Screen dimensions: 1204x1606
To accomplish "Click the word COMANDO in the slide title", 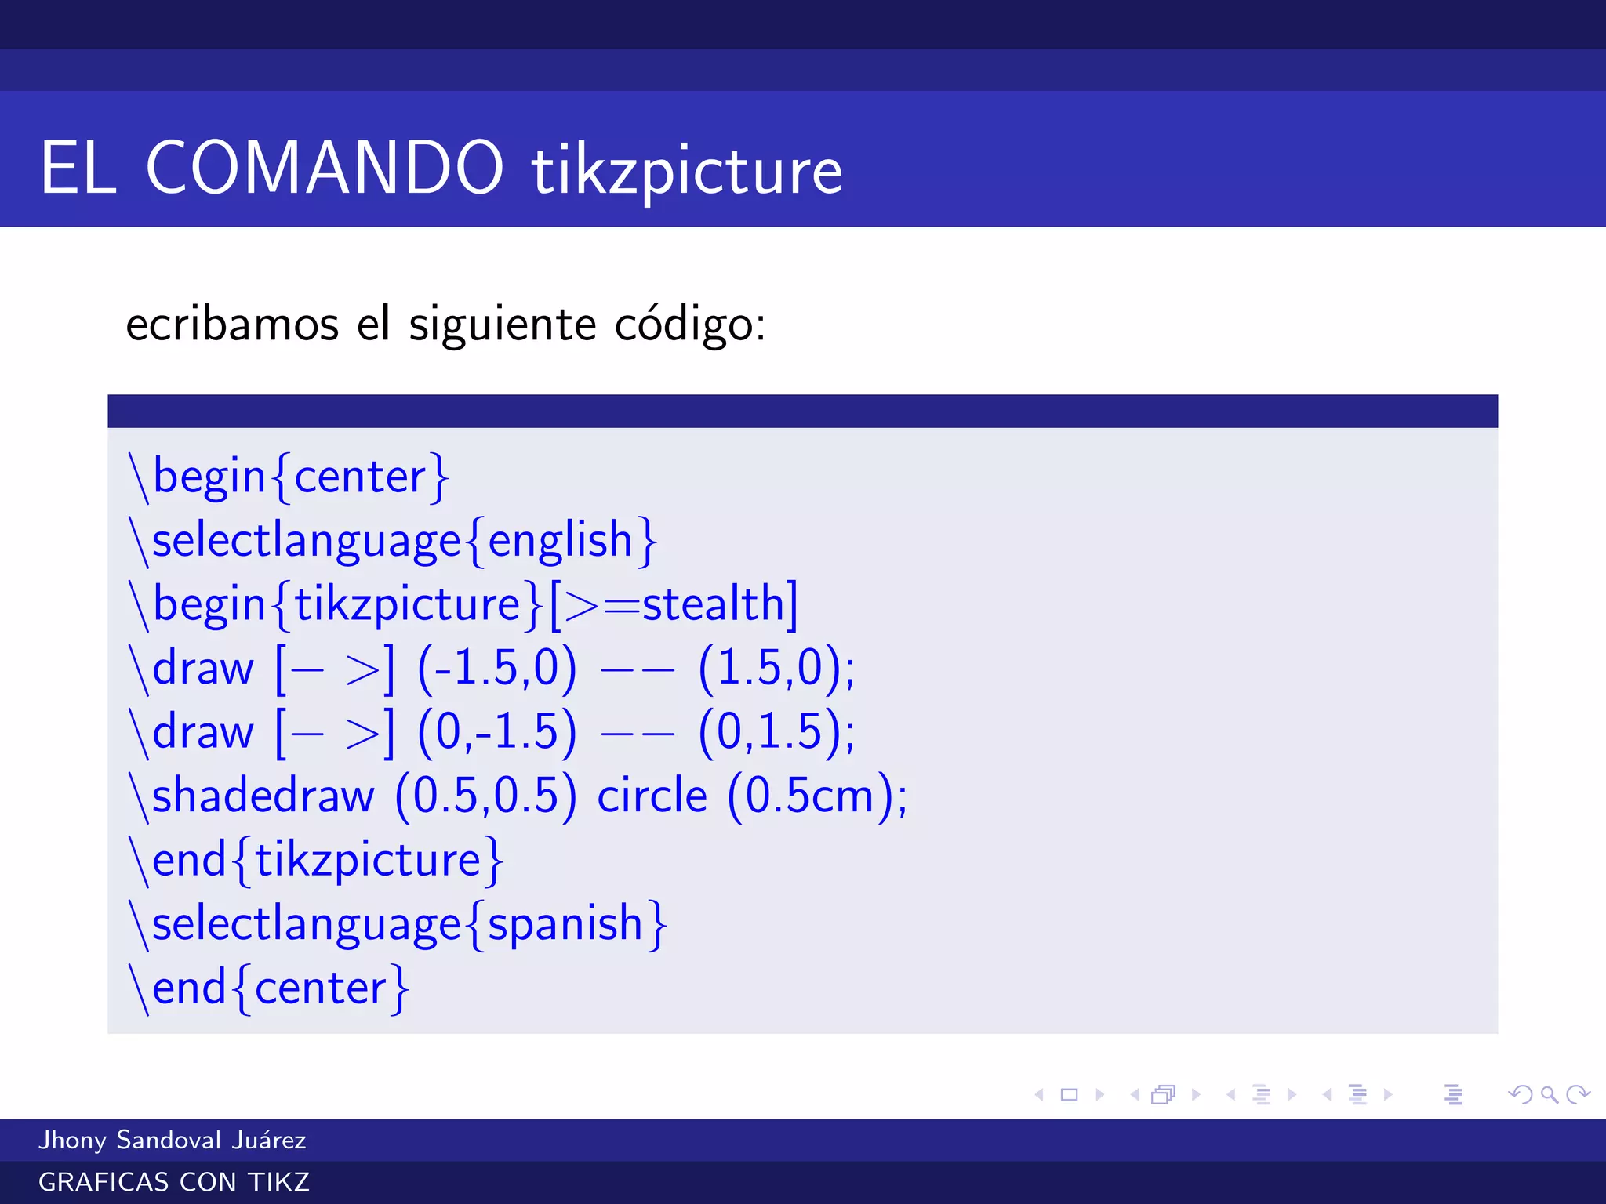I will [325, 168].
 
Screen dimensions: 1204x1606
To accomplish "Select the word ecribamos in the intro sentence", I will [232, 324].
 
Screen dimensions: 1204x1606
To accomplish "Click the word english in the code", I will [560, 541].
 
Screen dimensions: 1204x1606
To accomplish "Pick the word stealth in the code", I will [714, 604].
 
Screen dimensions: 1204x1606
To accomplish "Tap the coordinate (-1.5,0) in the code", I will [497, 669].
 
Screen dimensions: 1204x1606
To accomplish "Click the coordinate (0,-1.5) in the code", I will [497, 733].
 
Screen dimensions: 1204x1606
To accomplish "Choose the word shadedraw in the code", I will [263, 797].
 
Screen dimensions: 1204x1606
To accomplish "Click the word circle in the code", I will [652, 797].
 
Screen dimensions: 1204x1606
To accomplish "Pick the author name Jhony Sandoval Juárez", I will [173, 1140].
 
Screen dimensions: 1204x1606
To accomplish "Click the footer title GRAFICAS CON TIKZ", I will [174, 1182].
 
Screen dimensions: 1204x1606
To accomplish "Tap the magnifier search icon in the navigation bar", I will [1549, 1094].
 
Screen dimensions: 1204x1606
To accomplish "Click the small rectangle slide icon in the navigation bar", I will [1069, 1094].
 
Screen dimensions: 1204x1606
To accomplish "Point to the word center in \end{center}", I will [320, 988].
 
